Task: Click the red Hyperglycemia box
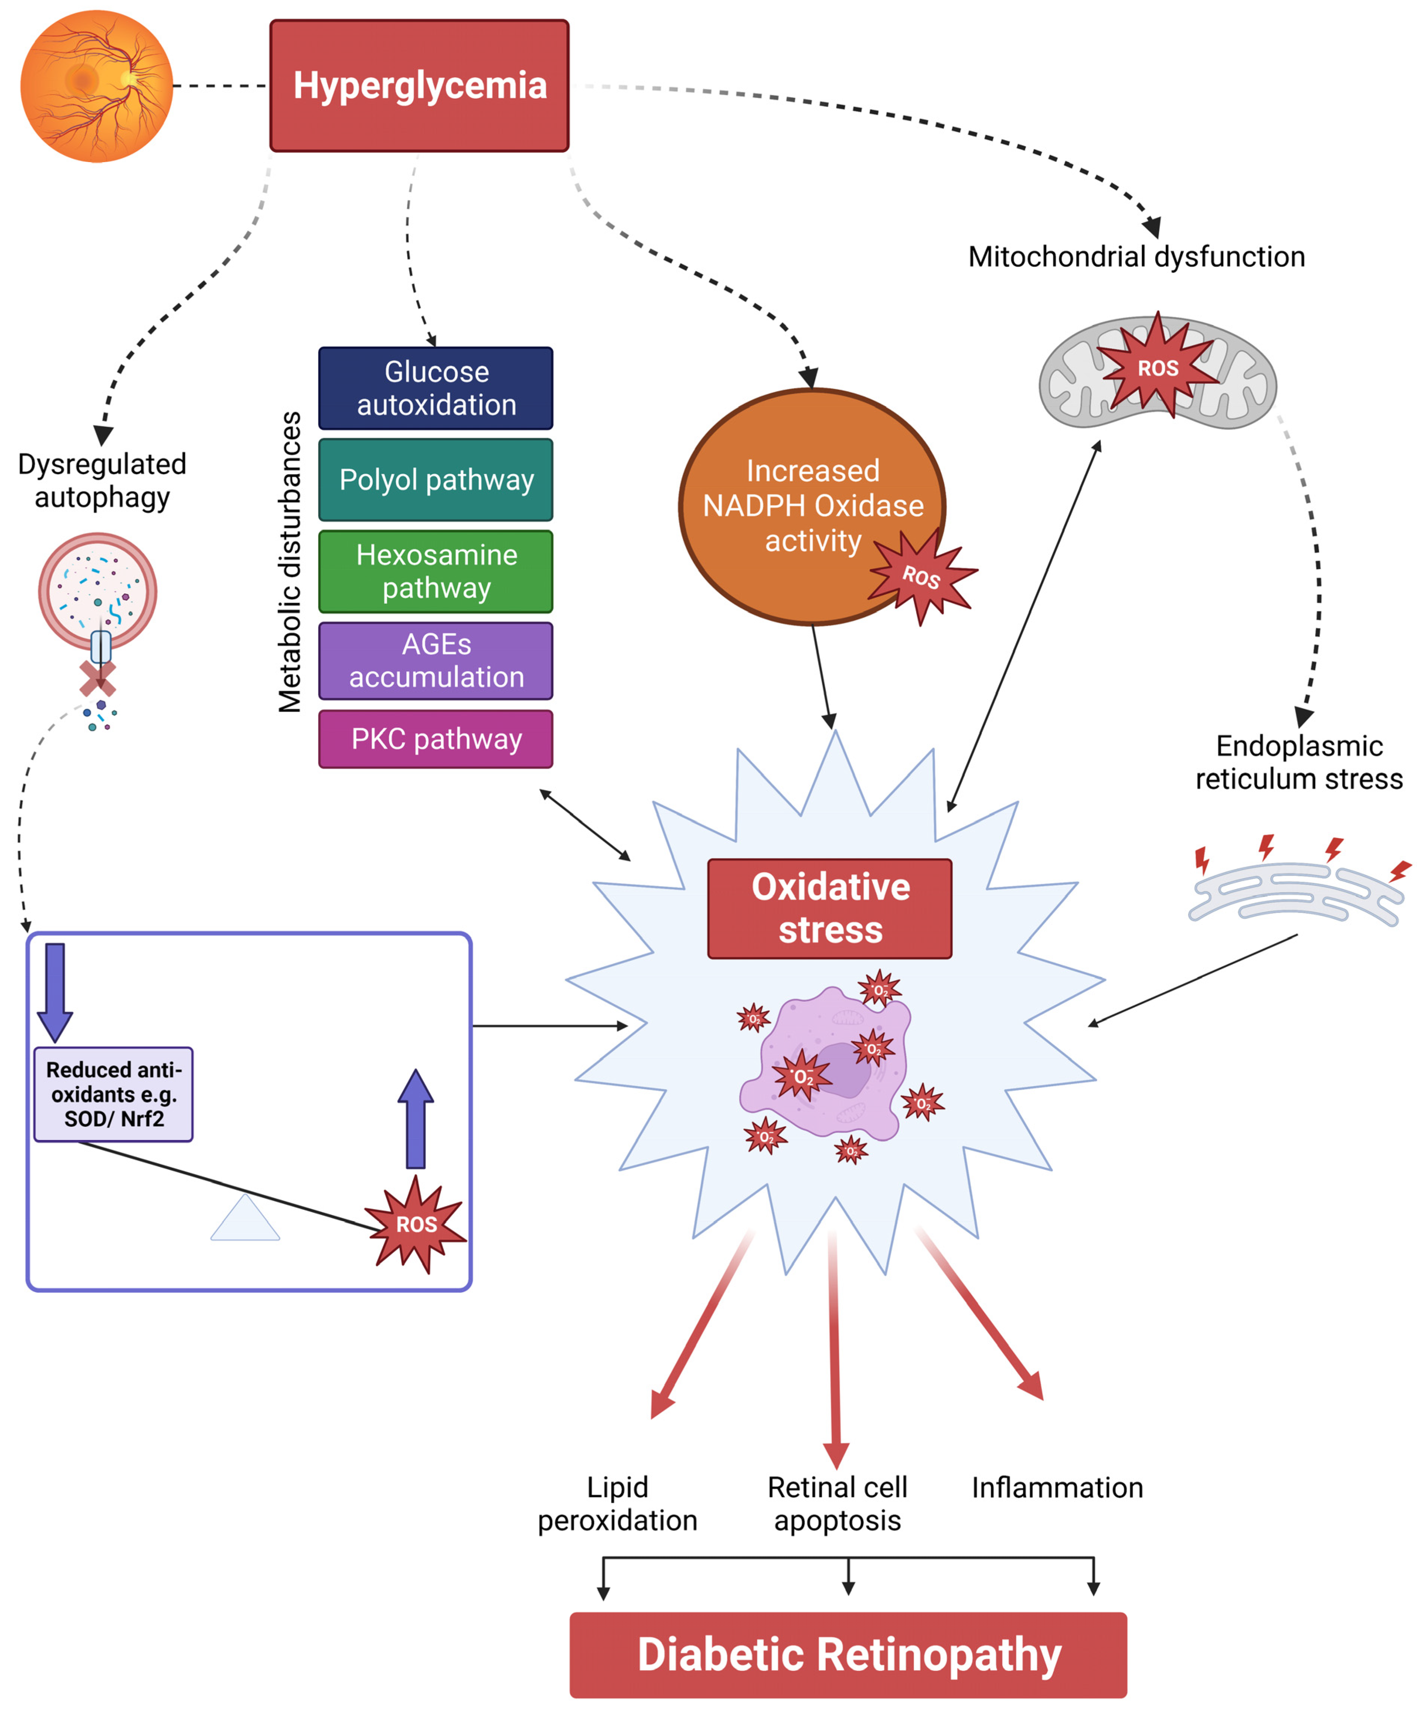click(x=419, y=86)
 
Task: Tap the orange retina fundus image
click(x=96, y=86)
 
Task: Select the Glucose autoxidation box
click(x=435, y=388)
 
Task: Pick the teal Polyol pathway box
click(x=435, y=479)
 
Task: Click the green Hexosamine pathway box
click(x=435, y=571)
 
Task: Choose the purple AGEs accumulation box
click(x=435, y=660)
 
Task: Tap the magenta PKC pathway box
click(x=435, y=739)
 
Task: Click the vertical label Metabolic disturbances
click(x=289, y=563)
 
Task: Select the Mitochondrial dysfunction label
click(x=1136, y=257)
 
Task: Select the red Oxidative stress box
click(x=829, y=908)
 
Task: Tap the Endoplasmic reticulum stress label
click(x=1299, y=762)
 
